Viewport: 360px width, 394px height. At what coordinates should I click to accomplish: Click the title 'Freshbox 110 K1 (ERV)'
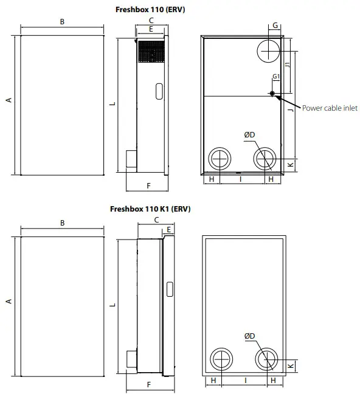pyautogui.click(x=150, y=209)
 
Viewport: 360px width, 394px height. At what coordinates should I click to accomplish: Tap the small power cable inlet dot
pyautogui.click(x=272, y=94)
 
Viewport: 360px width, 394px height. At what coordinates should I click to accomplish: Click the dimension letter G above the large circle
pyautogui.click(x=275, y=25)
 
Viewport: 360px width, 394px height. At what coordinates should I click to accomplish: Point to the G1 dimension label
pyautogui.click(x=275, y=76)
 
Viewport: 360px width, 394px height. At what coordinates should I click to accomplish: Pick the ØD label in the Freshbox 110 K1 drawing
pyautogui.click(x=249, y=336)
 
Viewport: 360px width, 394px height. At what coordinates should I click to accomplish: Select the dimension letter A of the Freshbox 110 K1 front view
pyautogui.click(x=9, y=301)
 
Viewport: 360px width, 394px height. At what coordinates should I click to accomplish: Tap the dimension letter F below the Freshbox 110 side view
pyautogui.click(x=148, y=184)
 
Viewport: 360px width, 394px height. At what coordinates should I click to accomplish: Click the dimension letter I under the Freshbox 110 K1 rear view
pyautogui.click(x=245, y=380)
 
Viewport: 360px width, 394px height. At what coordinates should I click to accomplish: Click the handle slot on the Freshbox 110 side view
pyautogui.click(x=159, y=91)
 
